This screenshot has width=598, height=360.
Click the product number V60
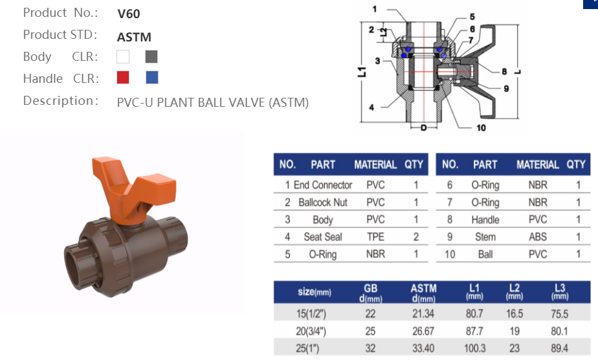[x=129, y=14]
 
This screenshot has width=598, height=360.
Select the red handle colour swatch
[x=123, y=78]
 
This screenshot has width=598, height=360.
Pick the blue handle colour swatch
[x=152, y=78]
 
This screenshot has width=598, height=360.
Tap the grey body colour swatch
[x=151, y=56]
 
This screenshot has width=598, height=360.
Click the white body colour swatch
[x=123, y=56]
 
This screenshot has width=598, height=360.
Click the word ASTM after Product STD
[x=134, y=37]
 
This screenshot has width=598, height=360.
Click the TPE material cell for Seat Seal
[x=375, y=237]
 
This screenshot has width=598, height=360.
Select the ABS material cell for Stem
[x=538, y=237]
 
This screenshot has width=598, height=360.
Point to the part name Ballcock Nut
[x=323, y=202]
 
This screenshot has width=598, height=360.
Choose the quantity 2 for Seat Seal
[x=415, y=237]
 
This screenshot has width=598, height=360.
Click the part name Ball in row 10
[x=485, y=254]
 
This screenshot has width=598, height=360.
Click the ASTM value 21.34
[x=423, y=313]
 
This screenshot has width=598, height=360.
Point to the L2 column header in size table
[x=514, y=291]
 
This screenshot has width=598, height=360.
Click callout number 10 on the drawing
[x=481, y=128]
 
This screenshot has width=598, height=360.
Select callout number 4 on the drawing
[x=371, y=107]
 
